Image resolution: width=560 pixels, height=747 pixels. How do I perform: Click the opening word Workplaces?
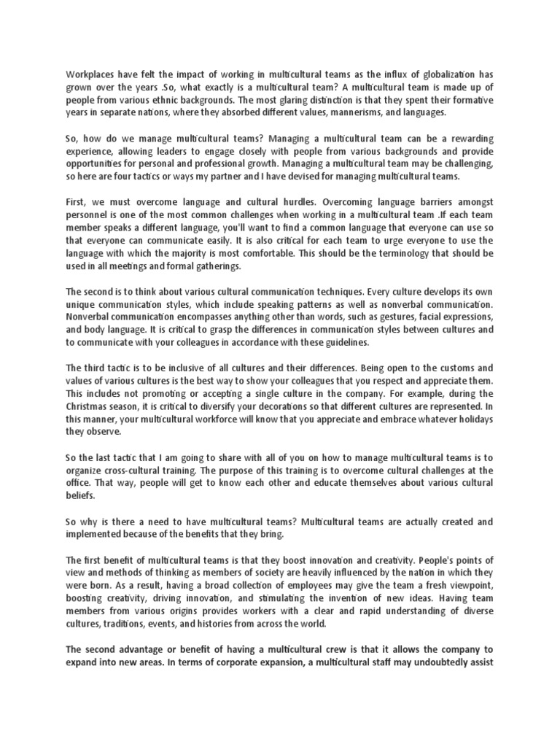(x=91, y=75)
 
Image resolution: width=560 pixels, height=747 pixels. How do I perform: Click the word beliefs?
(x=81, y=496)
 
